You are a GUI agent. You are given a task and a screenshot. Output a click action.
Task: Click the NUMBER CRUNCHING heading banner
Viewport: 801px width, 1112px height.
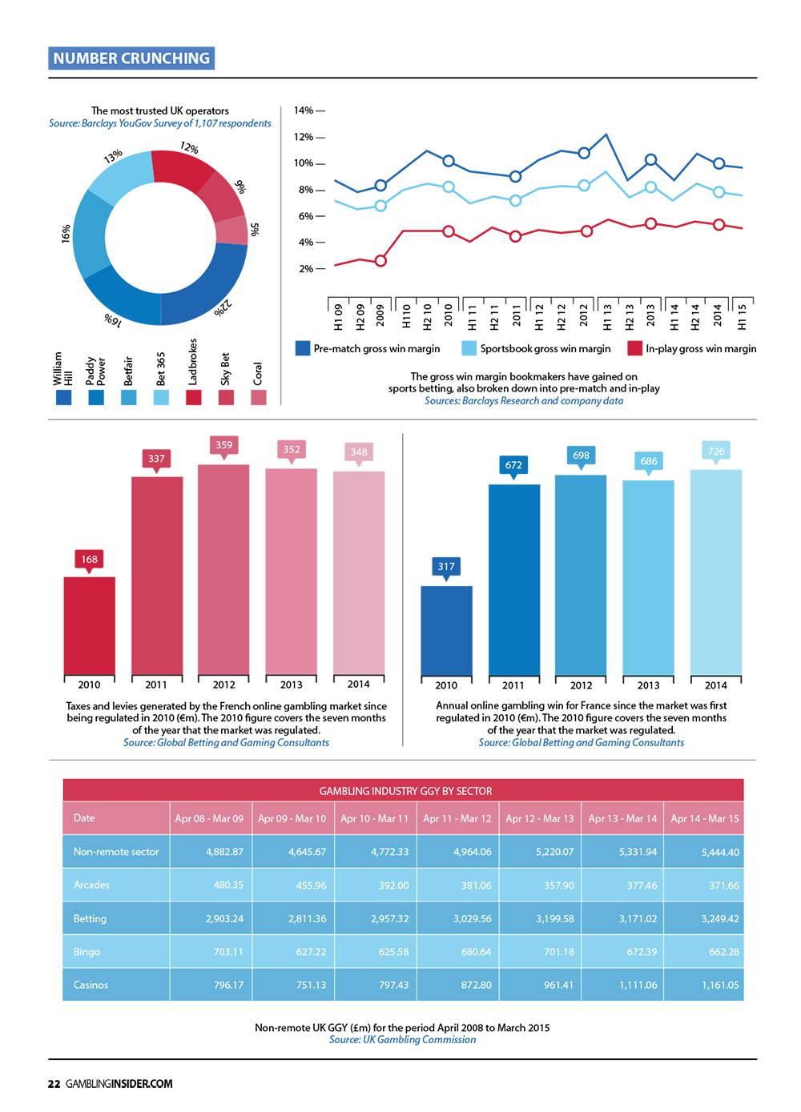[x=131, y=58]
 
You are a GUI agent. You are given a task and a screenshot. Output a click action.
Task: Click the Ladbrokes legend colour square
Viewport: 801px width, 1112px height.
[x=193, y=397]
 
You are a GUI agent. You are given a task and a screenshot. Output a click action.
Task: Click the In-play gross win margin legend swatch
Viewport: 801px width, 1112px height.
[x=634, y=348]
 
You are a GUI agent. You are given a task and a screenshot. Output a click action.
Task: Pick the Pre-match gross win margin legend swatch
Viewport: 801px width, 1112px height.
[x=302, y=348]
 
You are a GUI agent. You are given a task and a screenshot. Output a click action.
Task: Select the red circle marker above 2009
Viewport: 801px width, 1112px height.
[x=380, y=261]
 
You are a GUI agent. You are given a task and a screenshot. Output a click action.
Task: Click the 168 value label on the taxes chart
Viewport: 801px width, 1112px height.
[x=89, y=559]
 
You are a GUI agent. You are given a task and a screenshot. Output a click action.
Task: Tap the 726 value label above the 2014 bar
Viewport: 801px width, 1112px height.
[x=716, y=452]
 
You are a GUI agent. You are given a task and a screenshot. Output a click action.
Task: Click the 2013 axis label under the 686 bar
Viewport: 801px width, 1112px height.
[x=648, y=685]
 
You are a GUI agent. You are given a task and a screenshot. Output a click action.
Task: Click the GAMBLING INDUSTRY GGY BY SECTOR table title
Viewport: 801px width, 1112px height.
[x=405, y=791]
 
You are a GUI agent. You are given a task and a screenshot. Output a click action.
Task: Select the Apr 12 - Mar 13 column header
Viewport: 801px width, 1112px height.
[x=540, y=818]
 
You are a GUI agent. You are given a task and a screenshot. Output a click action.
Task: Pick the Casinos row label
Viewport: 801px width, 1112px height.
[x=91, y=985]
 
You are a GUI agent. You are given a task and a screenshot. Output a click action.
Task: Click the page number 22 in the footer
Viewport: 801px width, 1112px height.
[x=54, y=1084]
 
